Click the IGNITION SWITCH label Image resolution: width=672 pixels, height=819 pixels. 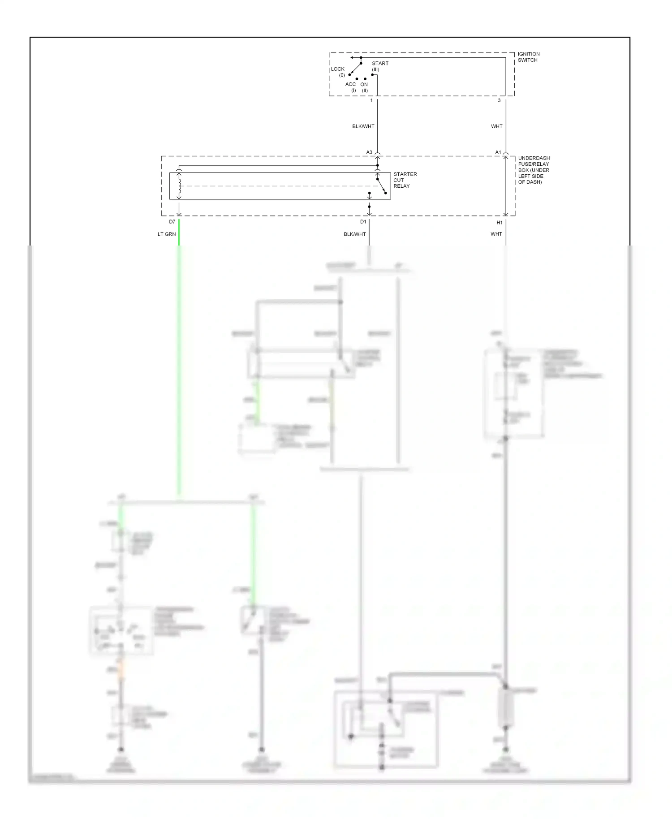coord(528,57)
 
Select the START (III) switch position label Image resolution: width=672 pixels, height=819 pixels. coord(379,66)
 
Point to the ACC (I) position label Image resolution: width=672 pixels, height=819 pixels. coord(350,87)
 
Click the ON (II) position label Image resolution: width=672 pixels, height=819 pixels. coord(364,87)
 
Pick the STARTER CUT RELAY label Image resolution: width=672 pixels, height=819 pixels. coord(405,180)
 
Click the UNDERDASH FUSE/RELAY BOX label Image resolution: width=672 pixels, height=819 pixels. coord(534,170)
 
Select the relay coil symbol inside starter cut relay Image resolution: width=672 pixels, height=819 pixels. coord(179,186)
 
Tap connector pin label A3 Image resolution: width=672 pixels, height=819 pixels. coord(369,152)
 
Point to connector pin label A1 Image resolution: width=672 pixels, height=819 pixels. coord(498,152)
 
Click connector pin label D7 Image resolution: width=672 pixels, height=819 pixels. coord(172,222)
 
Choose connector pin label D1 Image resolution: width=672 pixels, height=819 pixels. coord(363,222)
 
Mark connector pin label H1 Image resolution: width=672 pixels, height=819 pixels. coord(500,223)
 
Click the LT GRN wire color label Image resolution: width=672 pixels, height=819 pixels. coord(167,234)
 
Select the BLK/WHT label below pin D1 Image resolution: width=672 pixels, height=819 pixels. coord(354,234)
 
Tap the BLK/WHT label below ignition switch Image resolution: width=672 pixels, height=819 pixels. coord(363,126)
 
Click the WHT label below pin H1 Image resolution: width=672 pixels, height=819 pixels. coord(496,234)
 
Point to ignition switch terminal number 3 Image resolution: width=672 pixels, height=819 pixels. coord(499,100)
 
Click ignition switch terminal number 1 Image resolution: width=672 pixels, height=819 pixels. coord(371,100)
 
